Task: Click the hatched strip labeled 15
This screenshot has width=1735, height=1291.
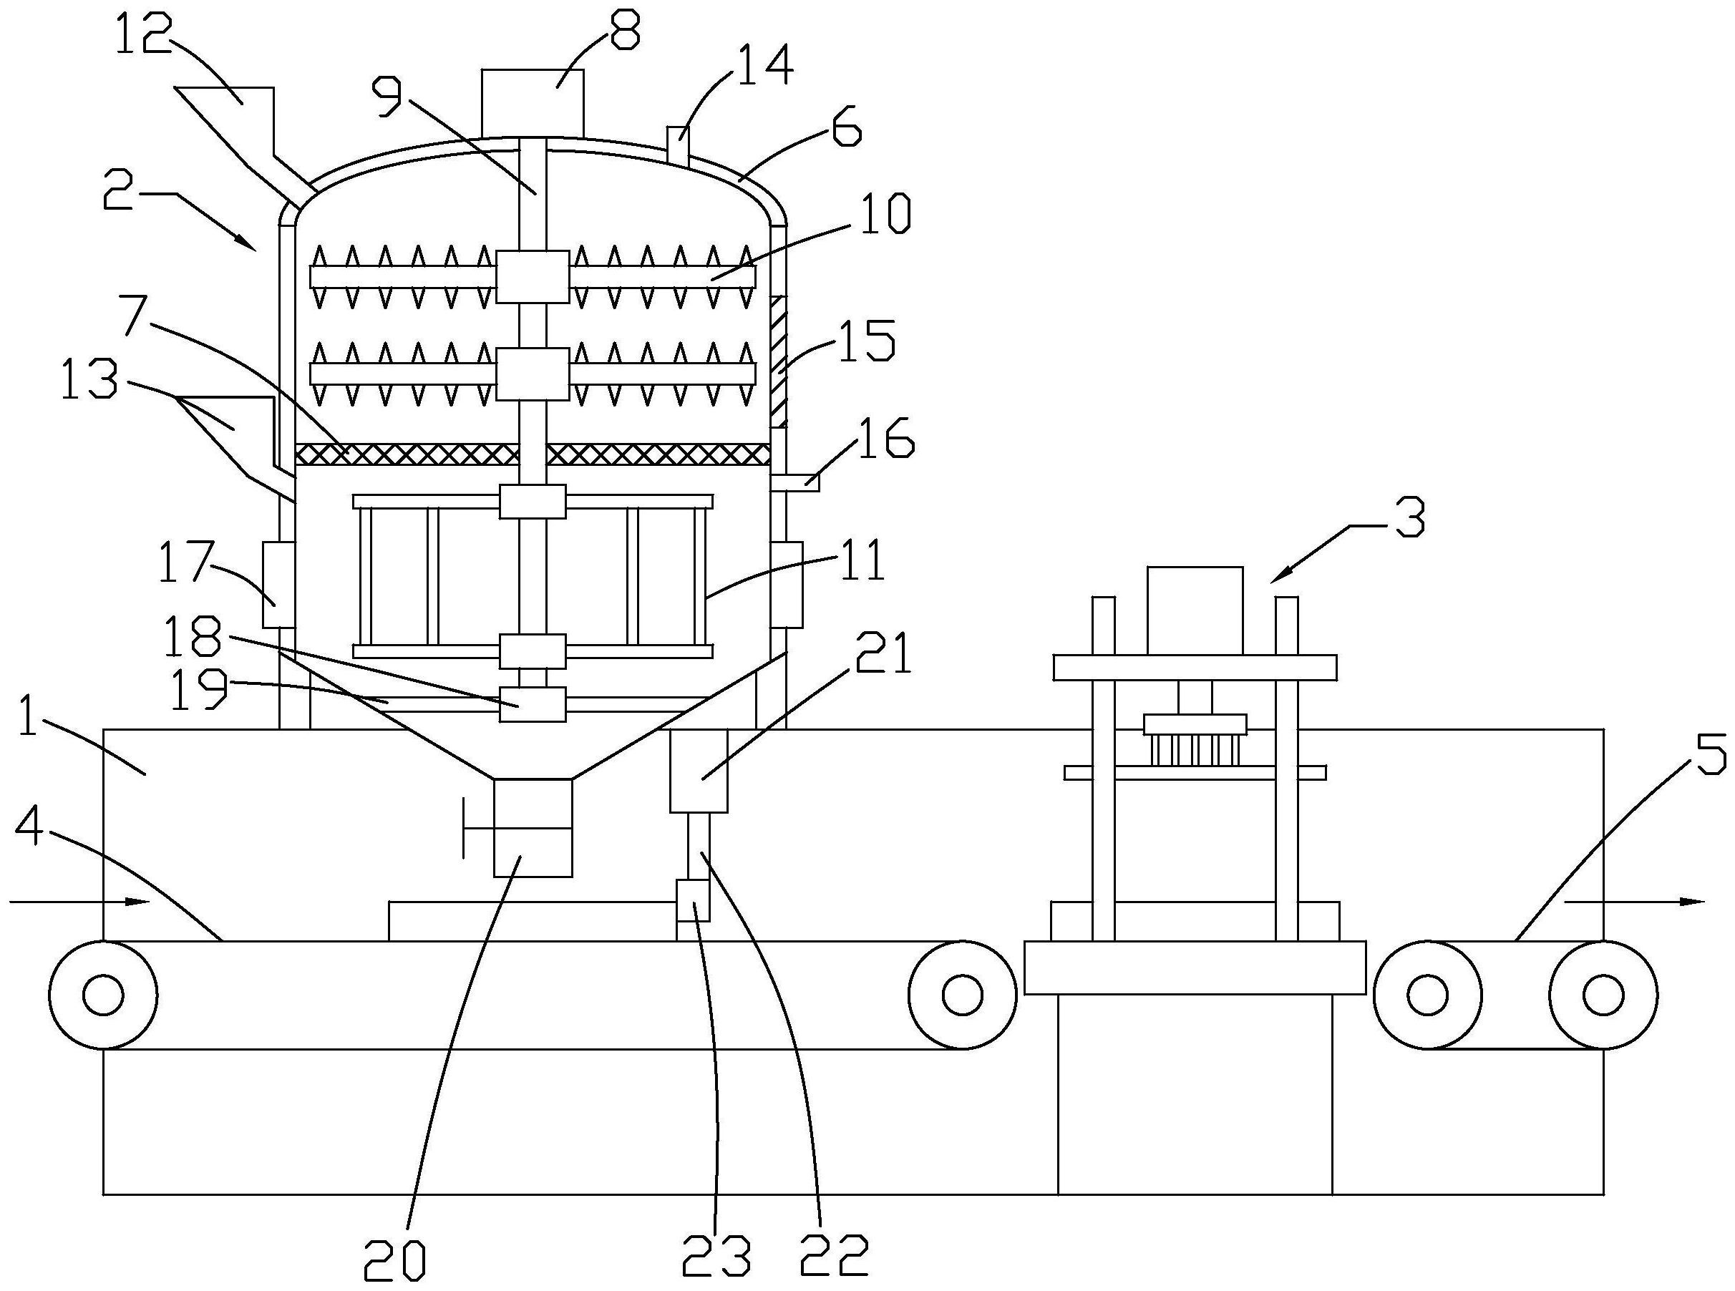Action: tap(779, 361)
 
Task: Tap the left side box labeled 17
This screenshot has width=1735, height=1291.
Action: tap(278, 585)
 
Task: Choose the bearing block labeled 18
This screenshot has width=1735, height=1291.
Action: tap(533, 704)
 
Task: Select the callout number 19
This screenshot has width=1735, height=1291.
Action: tap(199, 688)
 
